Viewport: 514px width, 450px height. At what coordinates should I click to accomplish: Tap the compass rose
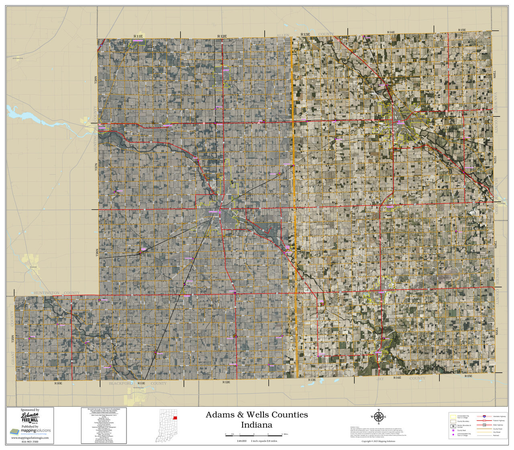tap(378, 417)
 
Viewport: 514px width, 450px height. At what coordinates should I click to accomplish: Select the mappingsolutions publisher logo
tap(30, 432)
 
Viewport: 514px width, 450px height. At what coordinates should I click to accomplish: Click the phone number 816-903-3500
tap(30, 442)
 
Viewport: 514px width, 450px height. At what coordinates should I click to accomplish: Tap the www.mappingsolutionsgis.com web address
tap(30, 438)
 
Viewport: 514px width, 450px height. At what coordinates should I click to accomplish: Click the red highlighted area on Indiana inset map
tap(175, 418)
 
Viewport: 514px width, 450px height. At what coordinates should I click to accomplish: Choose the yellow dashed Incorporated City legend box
tap(453, 417)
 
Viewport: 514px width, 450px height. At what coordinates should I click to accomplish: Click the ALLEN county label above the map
tap(283, 35)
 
